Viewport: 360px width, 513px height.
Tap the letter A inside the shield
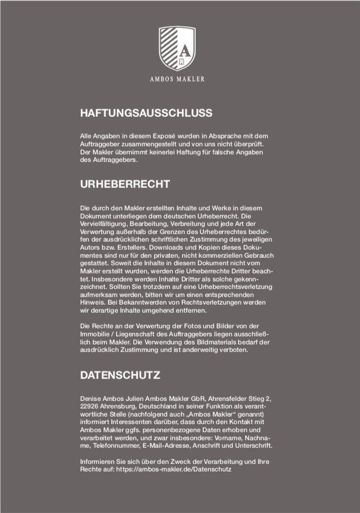[x=185, y=51]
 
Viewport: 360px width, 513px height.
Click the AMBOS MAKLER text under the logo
[x=177, y=79]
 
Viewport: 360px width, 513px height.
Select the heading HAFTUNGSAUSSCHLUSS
[x=146, y=113]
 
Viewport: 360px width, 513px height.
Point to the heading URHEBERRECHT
[x=125, y=184]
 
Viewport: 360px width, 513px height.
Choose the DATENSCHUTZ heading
[x=121, y=375]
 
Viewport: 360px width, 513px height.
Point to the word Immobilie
[x=95, y=334]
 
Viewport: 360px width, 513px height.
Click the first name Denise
[x=91, y=398]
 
